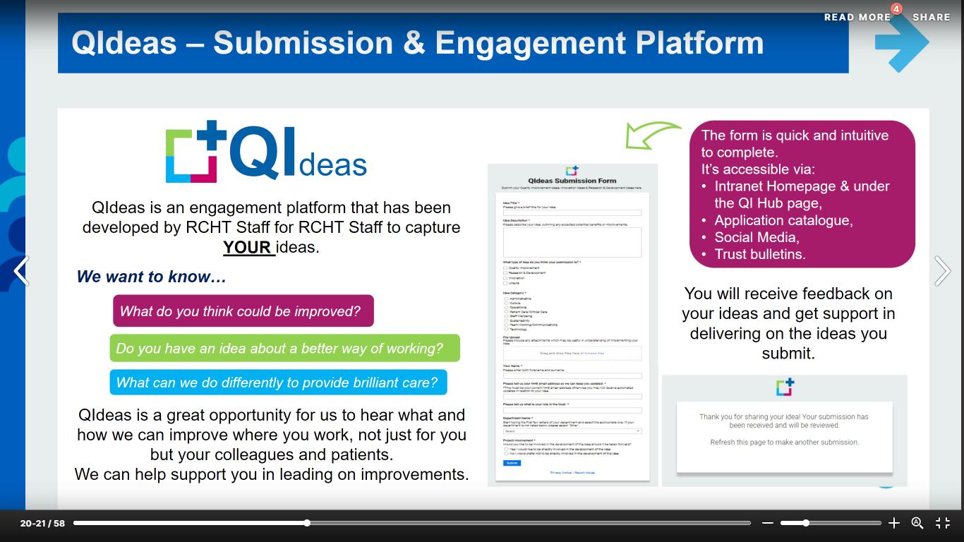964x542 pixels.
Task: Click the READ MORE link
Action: coord(857,17)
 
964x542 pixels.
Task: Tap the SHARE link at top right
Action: coord(931,17)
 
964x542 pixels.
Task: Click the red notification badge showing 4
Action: coord(896,9)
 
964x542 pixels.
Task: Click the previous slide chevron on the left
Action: coord(21,271)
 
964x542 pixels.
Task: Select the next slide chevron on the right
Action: coord(942,271)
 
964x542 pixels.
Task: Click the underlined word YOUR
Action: coord(248,248)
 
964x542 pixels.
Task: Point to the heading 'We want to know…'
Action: coord(151,277)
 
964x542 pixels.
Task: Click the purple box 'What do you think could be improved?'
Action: coord(243,311)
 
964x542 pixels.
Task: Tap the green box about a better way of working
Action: coord(284,349)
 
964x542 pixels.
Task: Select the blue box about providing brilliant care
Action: coord(278,383)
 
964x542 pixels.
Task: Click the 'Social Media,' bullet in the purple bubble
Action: coord(756,237)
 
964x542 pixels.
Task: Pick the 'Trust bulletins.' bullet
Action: coord(759,254)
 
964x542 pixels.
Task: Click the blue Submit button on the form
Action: coord(512,463)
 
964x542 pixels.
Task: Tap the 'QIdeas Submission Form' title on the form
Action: coord(572,181)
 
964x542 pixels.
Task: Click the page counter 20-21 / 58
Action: coord(42,523)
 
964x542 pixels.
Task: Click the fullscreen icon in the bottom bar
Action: coord(943,523)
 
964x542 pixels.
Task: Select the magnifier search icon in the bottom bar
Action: coord(917,523)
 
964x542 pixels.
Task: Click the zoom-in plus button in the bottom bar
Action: coord(893,523)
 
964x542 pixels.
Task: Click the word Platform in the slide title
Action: coord(699,42)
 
